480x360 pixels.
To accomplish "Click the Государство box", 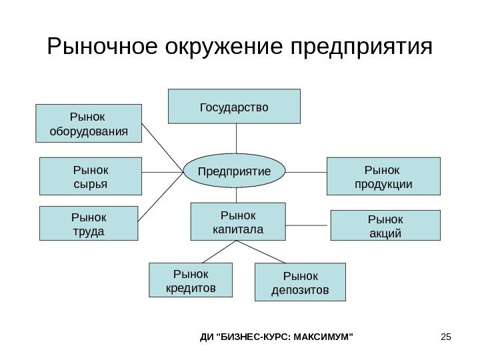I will pos(234,107).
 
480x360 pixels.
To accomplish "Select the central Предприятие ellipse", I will pos(235,171).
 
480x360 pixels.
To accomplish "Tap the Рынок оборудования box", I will pos(89,123).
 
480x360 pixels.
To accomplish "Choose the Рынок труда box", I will pos(89,223).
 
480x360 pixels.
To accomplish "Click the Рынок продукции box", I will pos(383,176).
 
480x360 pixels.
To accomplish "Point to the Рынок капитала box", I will pos(238,221).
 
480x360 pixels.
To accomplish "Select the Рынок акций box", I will pos(385,225).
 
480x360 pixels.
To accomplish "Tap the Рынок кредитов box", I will pos(191,280).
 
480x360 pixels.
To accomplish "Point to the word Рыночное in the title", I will pos(101,47).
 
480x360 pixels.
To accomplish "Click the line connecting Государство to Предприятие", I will pos(235,139).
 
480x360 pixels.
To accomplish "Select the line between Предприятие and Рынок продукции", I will pos(306,171).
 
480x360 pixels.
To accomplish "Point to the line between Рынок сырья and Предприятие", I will pos(163,172).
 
